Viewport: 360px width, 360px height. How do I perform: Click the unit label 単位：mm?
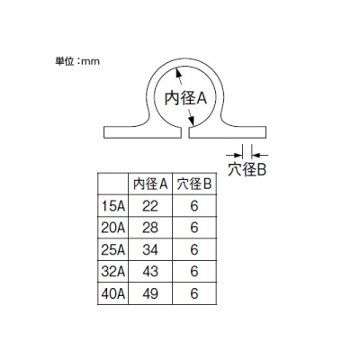tap(77, 61)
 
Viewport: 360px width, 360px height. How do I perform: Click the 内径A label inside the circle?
tap(185, 98)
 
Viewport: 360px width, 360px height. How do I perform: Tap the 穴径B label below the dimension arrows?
tap(247, 170)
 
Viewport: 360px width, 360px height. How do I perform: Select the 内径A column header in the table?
tap(150, 184)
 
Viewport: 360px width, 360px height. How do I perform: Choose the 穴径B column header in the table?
tap(194, 184)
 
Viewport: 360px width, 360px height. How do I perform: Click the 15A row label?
tap(112, 206)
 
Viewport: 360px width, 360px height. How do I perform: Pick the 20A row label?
tap(112, 228)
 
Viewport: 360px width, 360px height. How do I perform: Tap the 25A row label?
tap(112, 250)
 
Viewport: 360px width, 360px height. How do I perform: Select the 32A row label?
tap(112, 272)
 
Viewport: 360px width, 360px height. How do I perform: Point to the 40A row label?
tap(112, 293)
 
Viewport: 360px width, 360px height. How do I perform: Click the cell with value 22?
tap(150, 206)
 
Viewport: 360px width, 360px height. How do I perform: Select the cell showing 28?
tap(150, 228)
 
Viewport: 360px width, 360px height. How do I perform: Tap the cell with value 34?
tap(150, 250)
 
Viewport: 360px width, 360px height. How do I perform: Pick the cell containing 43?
tap(150, 272)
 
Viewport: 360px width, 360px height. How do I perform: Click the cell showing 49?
tap(150, 293)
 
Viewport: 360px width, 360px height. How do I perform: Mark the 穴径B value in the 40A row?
tap(194, 293)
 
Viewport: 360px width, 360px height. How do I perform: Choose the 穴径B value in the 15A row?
tap(194, 206)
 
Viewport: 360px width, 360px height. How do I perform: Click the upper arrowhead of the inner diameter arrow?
tap(178, 72)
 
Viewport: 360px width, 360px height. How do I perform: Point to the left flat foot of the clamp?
tap(143, 132)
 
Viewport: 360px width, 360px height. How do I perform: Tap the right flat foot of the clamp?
tap(228, 132)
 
